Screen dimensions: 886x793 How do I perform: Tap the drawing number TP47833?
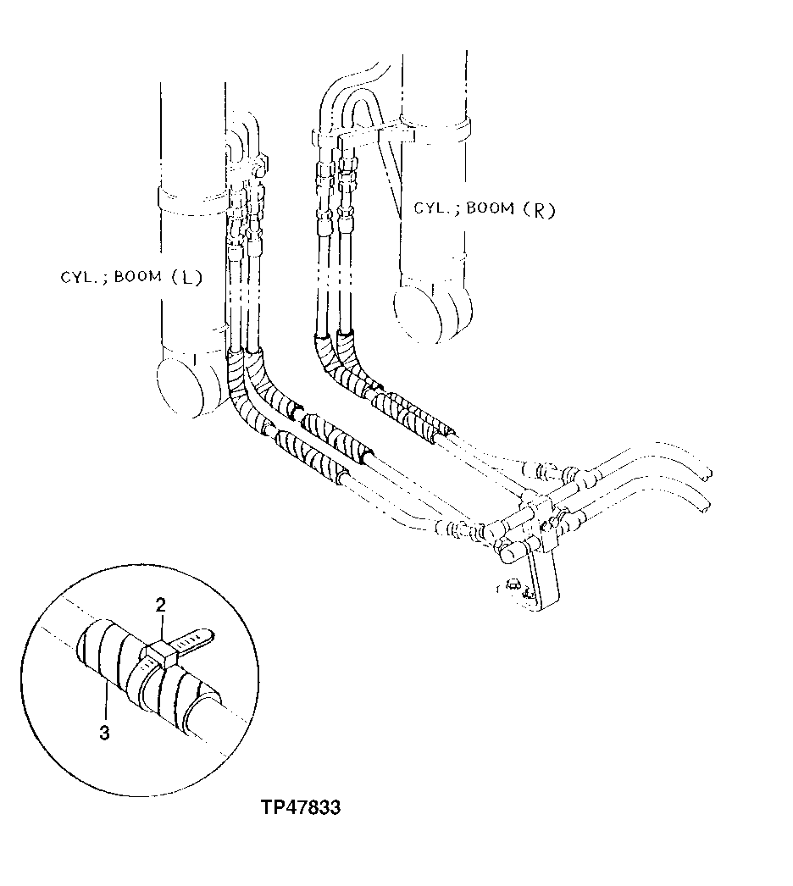(x=301, y=807)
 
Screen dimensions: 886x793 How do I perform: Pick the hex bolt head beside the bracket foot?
(x=511, y=584)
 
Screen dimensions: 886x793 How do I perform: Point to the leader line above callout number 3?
(x=106, y=703)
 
